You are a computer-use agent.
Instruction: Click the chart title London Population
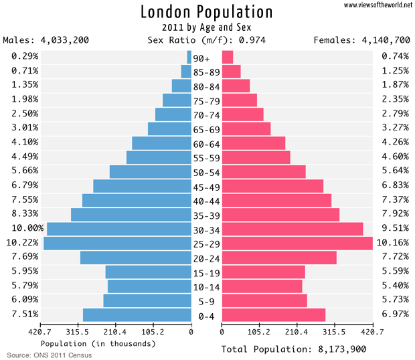click(x=207, y=12)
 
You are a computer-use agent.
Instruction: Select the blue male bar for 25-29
click(x=117, y=243)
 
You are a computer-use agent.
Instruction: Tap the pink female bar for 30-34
click(x=292, y=229)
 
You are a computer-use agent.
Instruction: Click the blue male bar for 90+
click(x=189, y=57)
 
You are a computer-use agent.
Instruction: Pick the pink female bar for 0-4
click(x=273, y=315)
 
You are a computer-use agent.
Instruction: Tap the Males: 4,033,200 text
click(x=46, y=40)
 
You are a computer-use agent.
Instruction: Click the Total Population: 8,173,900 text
click(x=294, y=349)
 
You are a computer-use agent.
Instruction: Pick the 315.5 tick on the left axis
click(x=78, y=331)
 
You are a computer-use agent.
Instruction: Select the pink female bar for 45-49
click(x=272, y=186)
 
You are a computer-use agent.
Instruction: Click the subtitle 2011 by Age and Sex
click(x=206, y=27)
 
